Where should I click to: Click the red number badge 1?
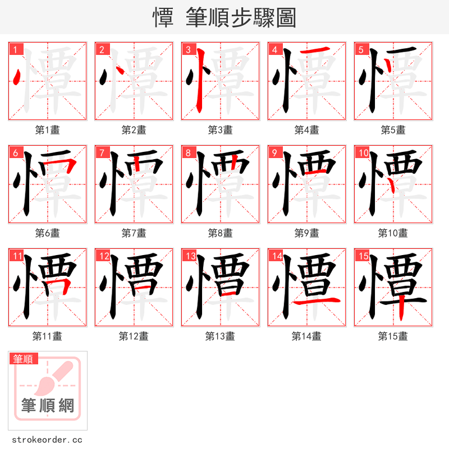(15, 49)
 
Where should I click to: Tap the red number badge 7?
(102, 152)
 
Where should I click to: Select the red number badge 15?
(361, 256)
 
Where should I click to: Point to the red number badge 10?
(363, 152)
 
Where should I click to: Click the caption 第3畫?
(220, 130)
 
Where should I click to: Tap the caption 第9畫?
(306, 233)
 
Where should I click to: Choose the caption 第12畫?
(134, 336)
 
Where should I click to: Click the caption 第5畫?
(393, 130)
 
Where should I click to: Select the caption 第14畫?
(306, 336)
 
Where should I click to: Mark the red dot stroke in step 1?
(17, 76)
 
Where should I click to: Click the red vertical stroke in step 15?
(401, 309)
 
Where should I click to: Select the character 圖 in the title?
(286, 18)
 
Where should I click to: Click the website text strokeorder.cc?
(47, 440)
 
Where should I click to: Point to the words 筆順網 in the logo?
(48, 405)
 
